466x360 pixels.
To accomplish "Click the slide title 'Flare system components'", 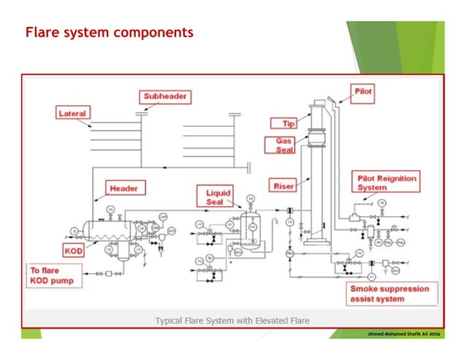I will (x=110, y=33).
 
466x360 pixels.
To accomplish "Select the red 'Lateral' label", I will (x=73, y=113).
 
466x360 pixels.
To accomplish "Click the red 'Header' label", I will (x=123, y=188).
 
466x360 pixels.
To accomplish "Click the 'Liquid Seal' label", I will (x=214, y=196).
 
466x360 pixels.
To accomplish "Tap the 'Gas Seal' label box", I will (x=286, y=144).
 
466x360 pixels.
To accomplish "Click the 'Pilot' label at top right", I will (x=363, y=92).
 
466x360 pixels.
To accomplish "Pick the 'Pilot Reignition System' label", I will (x=384, y=182).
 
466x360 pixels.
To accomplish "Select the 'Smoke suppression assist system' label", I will (x=394, y=294).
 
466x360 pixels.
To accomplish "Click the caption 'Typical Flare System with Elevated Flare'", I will (x=232, y=321).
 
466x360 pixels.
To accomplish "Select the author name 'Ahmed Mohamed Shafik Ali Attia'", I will (x=401, y=333).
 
